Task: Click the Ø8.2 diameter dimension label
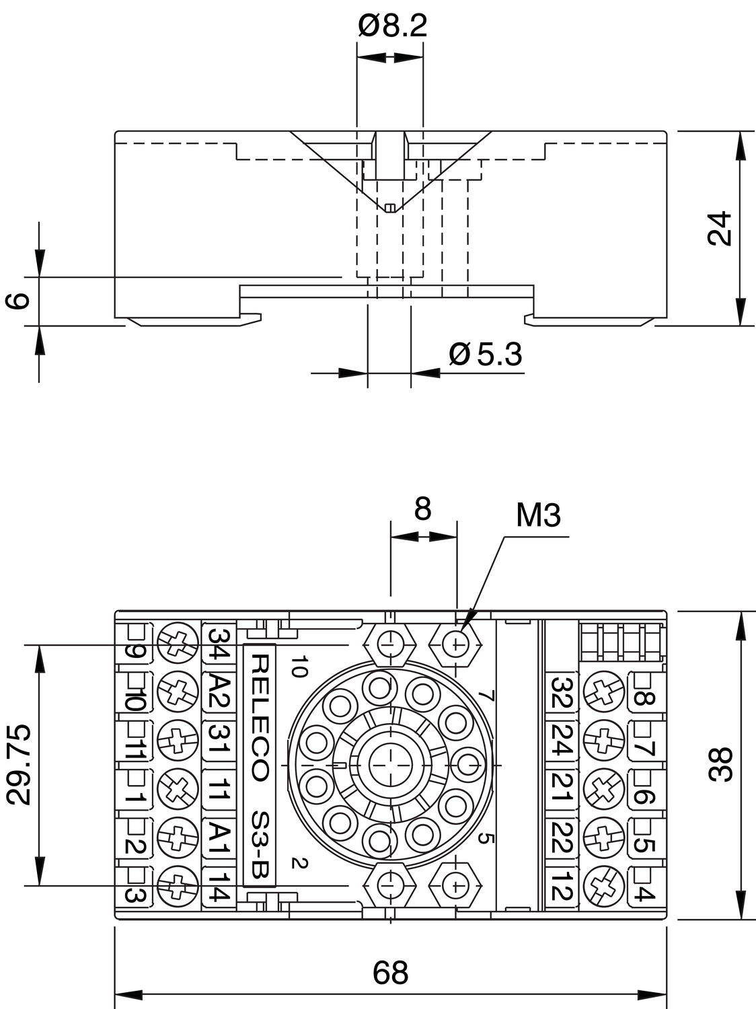[x=392, y=26]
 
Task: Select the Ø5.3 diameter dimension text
[x=486, y=354]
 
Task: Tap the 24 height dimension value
[x=720, y=228]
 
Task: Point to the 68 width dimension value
[x=390, y=972]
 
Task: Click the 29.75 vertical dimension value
[x=20, y=764]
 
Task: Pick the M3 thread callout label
[x=538, y=516]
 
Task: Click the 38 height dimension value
[x=720, y=764]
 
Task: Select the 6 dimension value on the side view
[x=20, y=300]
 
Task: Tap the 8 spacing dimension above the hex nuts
[x=422, y=509]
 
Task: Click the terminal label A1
[x=219, y=839]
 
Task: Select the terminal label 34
[x=219, y=642]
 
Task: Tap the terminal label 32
[x=562, y=692]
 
